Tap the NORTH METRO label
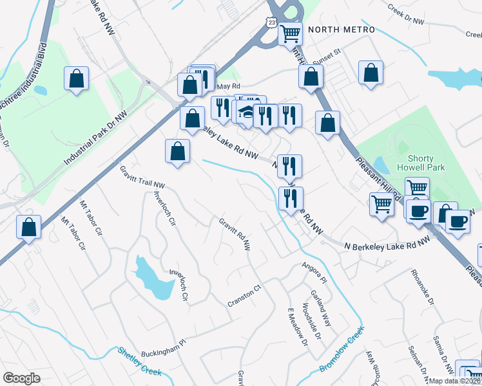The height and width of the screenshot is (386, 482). pyautogui.click(x=341, y=30)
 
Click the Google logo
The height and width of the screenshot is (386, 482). pyautogui.click(x=21, y=378)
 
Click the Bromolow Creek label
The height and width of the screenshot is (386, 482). pyautogui.click(x=342, y=347)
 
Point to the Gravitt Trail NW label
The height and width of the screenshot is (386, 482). pyautogui.click(x=142, y=176)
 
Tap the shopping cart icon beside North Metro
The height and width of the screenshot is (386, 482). pyautogui.click(x=291, y=33)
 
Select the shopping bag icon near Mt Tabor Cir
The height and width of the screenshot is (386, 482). pyautogui.click(x=29, y=227)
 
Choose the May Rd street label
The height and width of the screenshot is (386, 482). pyautogui.click(x=229, y=86)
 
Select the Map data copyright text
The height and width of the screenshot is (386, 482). pyautogui.click(x=455, y=380)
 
